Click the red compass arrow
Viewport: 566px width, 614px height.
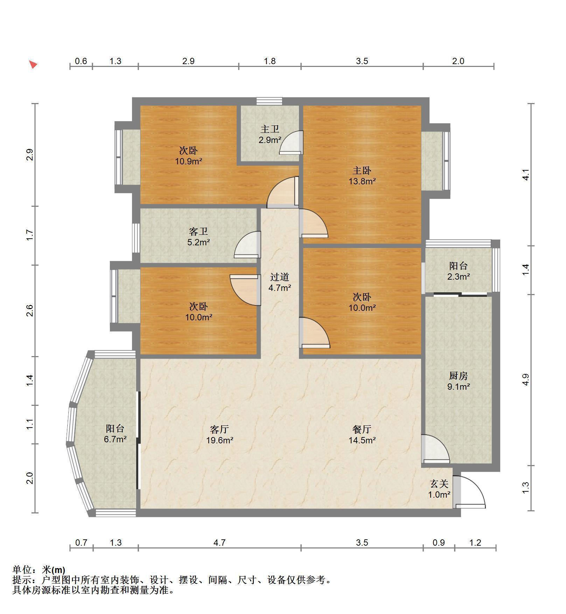click(33, 64)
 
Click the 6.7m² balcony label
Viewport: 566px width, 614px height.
click(115, 439)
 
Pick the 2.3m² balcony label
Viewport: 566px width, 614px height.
click(459, 277)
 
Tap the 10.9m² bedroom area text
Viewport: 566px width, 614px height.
click(189, 162)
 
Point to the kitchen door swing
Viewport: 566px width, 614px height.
click(435, 449)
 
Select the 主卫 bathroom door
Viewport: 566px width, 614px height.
click(291, 142)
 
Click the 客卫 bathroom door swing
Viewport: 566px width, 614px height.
click(247, 245)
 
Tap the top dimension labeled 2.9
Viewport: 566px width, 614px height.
click(188, 61)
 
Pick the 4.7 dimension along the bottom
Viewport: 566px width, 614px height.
click(219, 543)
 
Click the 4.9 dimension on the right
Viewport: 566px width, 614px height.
click(525, 380)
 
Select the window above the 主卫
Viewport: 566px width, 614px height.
click(269, 101)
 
